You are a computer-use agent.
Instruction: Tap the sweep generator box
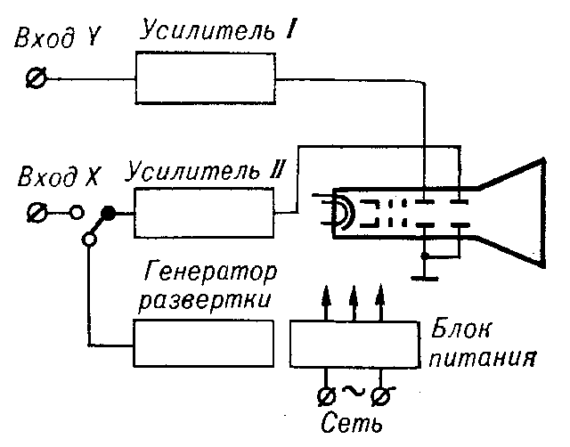point(203,343)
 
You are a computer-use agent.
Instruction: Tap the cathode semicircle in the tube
point(339,213)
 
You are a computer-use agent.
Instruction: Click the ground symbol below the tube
point(426,272)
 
